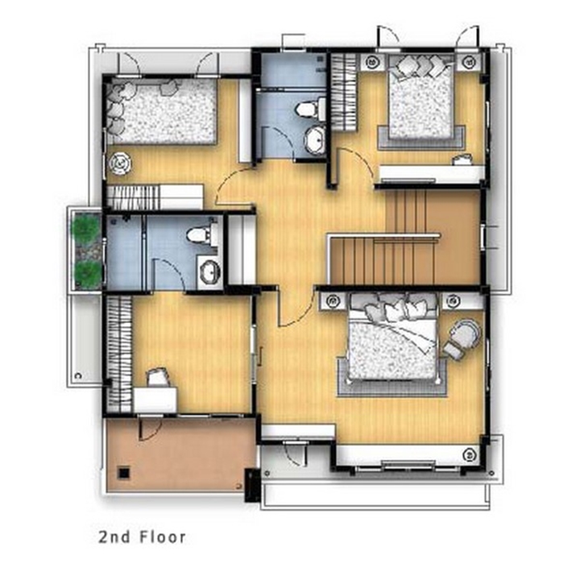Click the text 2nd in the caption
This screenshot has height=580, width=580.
(114, 537)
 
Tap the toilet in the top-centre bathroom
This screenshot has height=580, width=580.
(309, 109)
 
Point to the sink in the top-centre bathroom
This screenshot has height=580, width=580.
(314, 140)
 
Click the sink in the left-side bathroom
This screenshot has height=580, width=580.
(209, 272)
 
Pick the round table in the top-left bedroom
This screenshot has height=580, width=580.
(120, 163)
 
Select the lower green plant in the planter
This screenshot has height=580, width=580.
(88, 272)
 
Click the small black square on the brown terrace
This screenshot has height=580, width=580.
(124, 473)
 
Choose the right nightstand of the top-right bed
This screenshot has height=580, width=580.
(469, 61)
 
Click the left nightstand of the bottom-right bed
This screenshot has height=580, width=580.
(333, 300)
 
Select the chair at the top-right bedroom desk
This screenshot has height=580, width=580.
(462, 159)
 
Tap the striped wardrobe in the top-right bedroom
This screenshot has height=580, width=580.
(344, 92)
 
